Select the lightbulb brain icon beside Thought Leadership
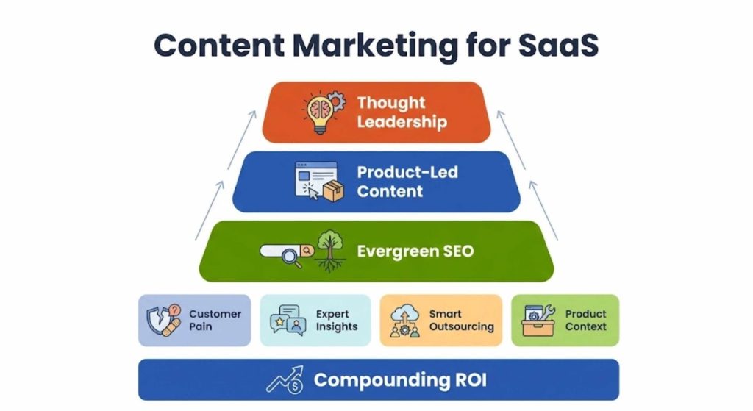pyautogui.click(x=322, y=112)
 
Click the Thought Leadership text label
pyautogui.click(x=402, y=112)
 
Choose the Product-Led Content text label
pyautogui.click(x=407, y=182)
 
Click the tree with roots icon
pyautogui.click(x=329, y=250)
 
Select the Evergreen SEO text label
pyautogui.click(x=415, y=251)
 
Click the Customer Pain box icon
pyautogui.click(x=163, y=320)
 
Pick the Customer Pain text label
pyautogui.click(x=215, y=320)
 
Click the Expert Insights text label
pyautogui.click(x=337, y=320)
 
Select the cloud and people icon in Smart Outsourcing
pyautogui.click(x=404, y=321)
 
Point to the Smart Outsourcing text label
pyautogui.click(x=461, y=320)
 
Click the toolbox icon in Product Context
pyautogui.click(x=538, y=321)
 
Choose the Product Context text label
pyautogui.click(x=586, y=320)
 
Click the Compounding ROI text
pyautogui.click(x=399, y=380)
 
